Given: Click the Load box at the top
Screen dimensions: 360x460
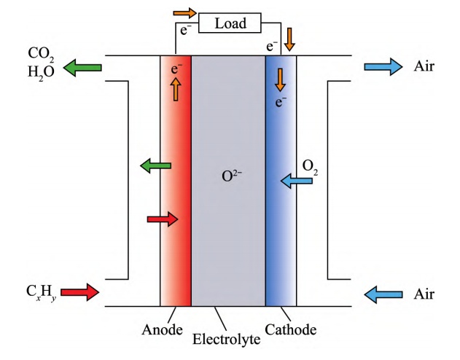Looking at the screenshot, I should click(x=229, y=23).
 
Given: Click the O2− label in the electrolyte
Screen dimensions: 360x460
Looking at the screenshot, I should click(x=229, y=177).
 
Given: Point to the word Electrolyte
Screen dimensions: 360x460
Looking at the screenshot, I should click(x=227, y=340).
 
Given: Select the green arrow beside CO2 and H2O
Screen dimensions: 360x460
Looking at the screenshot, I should click(x=82, y=69).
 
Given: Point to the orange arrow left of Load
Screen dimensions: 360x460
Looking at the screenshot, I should click(x=185, y=13).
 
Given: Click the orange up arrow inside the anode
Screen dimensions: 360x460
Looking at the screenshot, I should click(x=175, y=90).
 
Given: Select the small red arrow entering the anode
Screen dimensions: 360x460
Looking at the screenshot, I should click(x=162, y=219).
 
